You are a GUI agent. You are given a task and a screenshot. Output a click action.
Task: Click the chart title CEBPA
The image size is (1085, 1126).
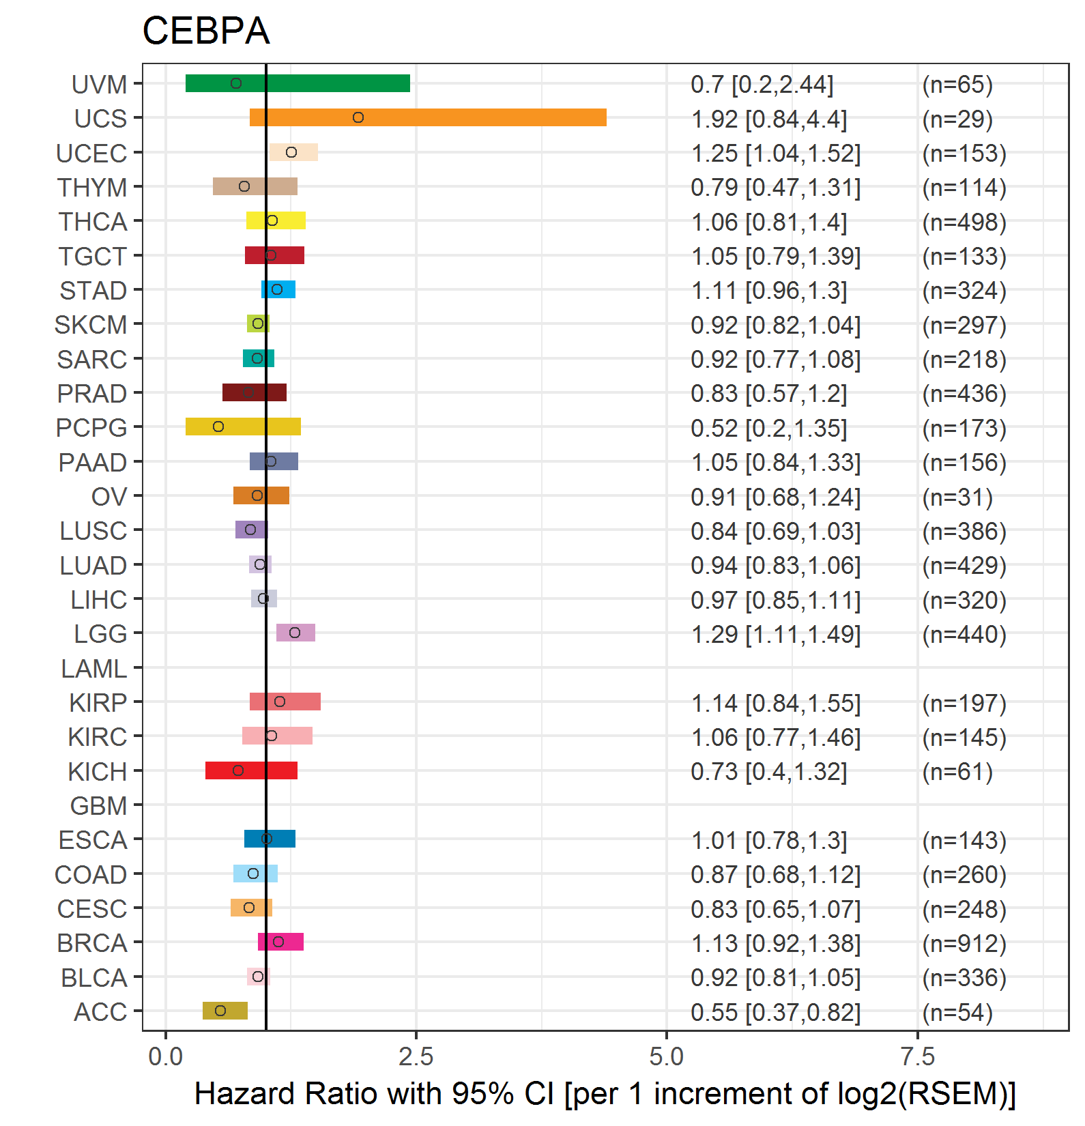coord(205,31)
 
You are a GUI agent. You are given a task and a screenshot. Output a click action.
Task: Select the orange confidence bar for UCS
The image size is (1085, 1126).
coord(428,117)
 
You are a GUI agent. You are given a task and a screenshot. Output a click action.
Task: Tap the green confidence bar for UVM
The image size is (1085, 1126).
coord(298,83)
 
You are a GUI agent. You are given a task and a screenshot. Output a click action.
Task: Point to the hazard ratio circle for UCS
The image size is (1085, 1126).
coord(358,117)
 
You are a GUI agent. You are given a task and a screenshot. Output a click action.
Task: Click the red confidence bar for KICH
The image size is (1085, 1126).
coord(251,770)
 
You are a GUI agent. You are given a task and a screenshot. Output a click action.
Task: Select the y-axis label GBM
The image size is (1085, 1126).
coord(98,806)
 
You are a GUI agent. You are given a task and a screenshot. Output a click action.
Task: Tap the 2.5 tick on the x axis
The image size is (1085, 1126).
coord(416,1057)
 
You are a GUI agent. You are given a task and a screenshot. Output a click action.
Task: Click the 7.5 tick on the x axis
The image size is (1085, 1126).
coord(917,1057)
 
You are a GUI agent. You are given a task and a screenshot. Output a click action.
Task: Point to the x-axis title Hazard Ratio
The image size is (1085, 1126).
coord(605,1094)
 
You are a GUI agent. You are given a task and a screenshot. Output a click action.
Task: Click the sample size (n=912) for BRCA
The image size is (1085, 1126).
coord(964,943)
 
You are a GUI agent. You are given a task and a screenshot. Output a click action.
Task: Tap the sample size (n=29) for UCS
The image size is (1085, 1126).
coord(957,119)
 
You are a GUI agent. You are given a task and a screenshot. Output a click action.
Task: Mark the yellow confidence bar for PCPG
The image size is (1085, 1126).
coord(243,427)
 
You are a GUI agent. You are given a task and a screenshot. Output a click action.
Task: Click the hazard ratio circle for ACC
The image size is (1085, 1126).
coord(220,1011)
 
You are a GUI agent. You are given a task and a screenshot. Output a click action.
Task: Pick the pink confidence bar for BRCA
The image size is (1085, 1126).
coord(280,942)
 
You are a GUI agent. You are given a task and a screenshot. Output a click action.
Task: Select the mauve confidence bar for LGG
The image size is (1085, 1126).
coord(295,633)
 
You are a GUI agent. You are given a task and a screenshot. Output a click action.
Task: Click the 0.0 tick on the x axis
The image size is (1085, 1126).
coord(165,1057)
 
